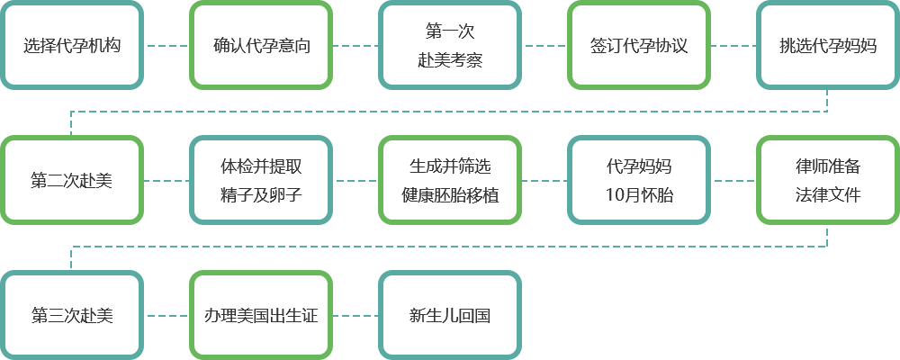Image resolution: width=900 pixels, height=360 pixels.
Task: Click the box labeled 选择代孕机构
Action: [x=72, y=45]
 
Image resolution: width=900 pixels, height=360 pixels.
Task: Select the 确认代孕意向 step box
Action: [x=261, y=45]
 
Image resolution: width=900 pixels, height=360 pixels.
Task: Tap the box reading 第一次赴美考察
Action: [x=450, y=45]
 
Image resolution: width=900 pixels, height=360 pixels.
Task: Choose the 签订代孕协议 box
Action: [x=639, y=45]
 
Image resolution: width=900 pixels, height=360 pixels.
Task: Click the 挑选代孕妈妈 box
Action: [x=828, y=45]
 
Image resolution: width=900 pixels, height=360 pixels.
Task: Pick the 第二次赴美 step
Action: [x=72, y=180]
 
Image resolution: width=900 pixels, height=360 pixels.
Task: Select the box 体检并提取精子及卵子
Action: [x=261, y=180]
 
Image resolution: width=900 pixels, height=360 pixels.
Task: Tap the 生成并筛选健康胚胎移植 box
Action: [x=450, y=180]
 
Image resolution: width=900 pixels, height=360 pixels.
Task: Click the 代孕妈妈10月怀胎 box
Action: [x=639, y=180]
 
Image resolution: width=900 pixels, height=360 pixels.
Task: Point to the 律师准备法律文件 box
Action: [x=828, y=180]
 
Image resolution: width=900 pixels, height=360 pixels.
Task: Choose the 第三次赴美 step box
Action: [x=72, y=315]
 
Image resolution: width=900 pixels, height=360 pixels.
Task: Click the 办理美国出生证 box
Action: [x=261, y=315]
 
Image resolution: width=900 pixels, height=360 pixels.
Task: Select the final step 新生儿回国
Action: [x=450, y=315]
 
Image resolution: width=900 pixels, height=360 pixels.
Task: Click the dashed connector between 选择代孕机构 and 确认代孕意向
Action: [x=166, y=45]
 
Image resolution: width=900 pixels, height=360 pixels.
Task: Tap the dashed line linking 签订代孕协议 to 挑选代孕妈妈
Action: [x=733, y=45]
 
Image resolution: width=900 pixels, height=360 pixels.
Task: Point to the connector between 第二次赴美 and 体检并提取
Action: [x=166, y=181]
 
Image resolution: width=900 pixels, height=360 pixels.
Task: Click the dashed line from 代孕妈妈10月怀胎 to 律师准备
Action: [x=733, y=181]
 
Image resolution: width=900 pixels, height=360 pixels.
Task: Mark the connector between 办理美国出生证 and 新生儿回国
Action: [x=355, y=315]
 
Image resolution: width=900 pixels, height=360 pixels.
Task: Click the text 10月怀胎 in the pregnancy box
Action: [x=639, y=195]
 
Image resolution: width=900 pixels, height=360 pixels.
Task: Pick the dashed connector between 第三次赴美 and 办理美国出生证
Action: [x=166, y=315]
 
